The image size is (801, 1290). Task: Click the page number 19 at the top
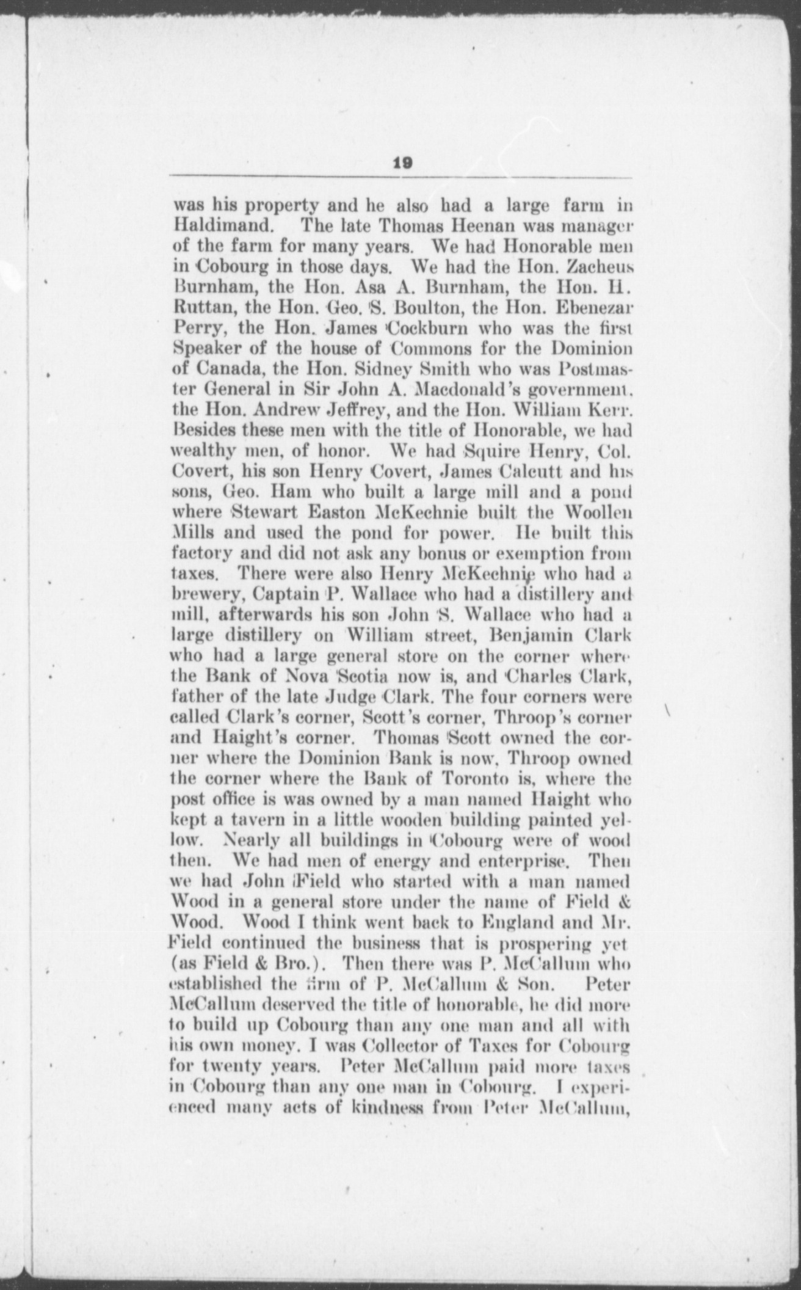point(404,162)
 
